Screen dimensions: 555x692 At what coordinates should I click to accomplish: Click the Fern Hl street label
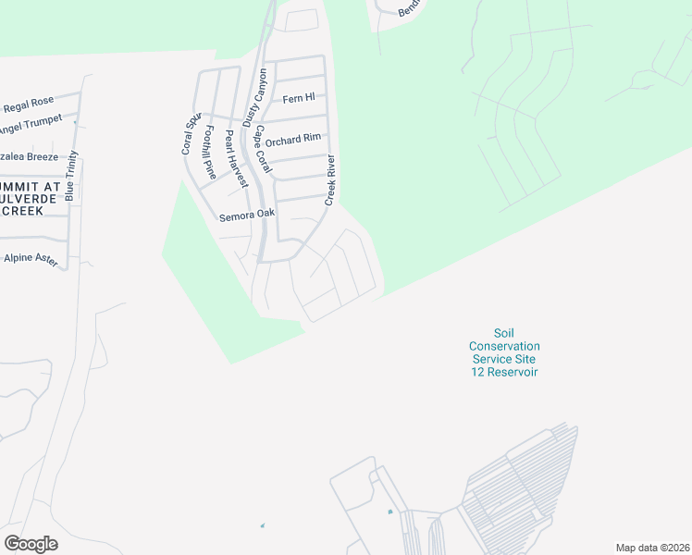click(299, 97)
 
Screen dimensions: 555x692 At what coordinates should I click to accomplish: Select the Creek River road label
click(329, 179)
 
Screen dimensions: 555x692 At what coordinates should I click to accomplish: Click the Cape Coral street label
click(263, 150)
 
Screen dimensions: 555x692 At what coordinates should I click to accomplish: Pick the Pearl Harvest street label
click(236, 158)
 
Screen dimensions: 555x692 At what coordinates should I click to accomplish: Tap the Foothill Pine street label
click(210, 153)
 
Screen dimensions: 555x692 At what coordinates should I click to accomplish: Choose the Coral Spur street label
click(191, 135)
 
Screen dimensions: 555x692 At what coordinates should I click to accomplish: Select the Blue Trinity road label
click(72, 175)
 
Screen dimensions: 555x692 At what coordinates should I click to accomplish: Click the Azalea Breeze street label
click(28, 156)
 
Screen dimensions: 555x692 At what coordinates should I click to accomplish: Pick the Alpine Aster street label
click(31, 260)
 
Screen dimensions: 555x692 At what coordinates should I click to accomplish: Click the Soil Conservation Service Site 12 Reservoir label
click(504, 352)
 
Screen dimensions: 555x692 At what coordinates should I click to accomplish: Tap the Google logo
click(31, 544)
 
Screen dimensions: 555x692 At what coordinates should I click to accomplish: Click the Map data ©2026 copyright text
click(652, 548)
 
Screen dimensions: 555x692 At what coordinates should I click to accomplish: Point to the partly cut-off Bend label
click(409, 8)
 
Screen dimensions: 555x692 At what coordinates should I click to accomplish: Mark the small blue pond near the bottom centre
click(389, 512)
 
